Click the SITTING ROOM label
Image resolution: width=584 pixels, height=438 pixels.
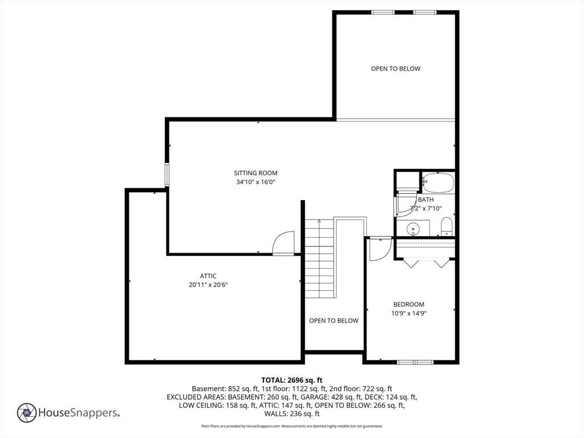[255, 173]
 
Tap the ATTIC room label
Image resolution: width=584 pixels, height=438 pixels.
[208, 276]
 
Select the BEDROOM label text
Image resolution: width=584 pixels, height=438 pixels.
[408, 305]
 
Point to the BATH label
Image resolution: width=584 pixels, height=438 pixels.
[425, 200]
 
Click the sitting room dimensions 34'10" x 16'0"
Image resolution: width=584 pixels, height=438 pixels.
[255, 182]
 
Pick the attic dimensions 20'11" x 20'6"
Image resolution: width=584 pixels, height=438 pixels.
[208, 285]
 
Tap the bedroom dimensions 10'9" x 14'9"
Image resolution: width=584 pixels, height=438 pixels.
[408, 313]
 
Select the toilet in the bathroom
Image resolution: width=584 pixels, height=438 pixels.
[447, 226]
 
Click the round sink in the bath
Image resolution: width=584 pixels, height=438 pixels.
[413, 228]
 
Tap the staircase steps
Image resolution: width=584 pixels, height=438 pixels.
[319, 258]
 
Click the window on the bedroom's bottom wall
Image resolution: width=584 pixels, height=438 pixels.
[415, 362]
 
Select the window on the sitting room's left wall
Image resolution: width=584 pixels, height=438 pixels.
[167, 175]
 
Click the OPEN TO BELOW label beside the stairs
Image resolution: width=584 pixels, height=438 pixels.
[334, 321]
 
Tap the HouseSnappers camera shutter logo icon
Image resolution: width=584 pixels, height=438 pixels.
[27, 413]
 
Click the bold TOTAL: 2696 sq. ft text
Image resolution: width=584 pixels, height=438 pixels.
[292, 380]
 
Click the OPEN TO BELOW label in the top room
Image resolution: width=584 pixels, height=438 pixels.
[396, 68]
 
